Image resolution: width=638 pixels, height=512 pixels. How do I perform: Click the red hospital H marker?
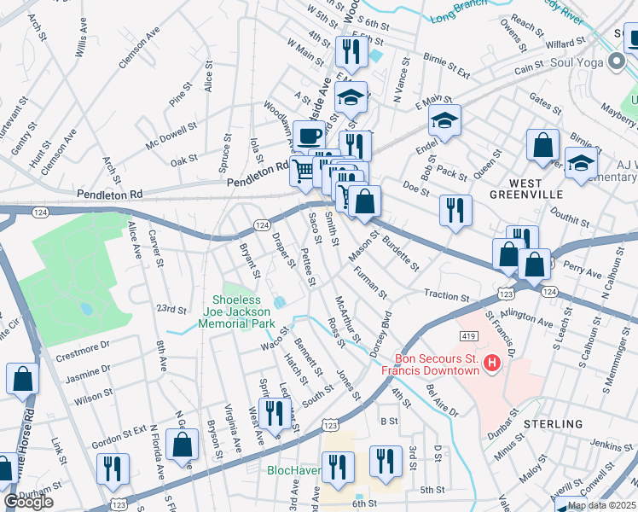[x=492, y=364]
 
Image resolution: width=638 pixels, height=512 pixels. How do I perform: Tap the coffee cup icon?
[x=309, y=135]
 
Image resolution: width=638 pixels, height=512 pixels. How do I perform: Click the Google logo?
[x=28, y=502]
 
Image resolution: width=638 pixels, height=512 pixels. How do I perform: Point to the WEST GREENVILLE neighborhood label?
[x=549, y=189]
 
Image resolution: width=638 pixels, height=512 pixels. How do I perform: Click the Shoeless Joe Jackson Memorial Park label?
[x=254, y=311]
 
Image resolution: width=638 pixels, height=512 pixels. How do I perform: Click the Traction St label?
[x=446, y=295]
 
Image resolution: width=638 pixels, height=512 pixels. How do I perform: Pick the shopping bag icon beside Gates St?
[x=542, y=146]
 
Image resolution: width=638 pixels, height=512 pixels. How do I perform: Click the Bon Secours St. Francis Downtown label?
[x=436, y=364]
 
